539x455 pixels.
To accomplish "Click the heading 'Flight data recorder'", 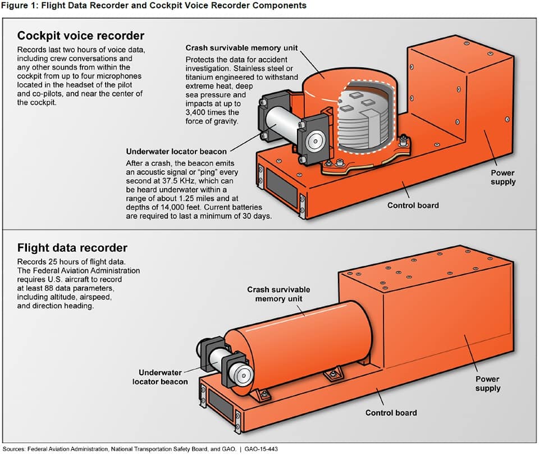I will point(72,248).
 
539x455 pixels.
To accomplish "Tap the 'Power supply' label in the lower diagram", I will point(487,384).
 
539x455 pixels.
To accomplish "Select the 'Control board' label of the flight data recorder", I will point(391,412).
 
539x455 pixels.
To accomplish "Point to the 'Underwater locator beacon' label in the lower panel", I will point(160,377).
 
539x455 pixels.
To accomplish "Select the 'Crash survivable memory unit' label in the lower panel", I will point(278,294).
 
